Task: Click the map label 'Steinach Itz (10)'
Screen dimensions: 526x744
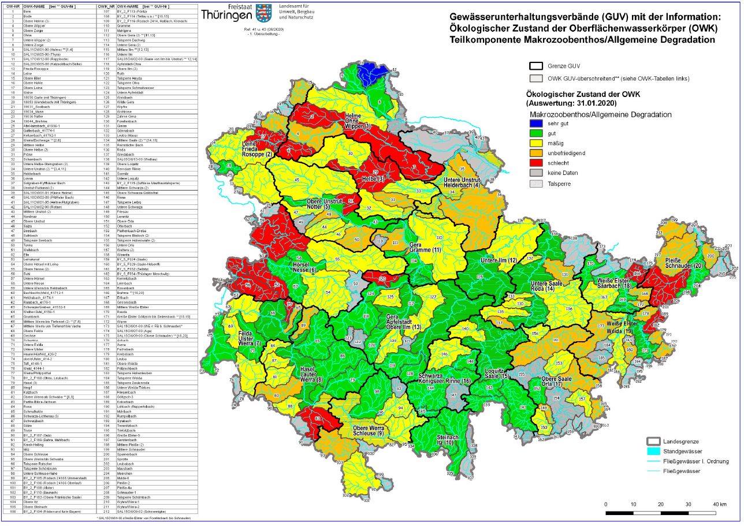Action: (448, 439)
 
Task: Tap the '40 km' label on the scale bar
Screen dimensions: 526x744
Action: (720, 505)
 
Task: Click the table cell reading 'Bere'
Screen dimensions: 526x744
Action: (27, 11)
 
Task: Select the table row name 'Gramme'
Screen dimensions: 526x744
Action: (123, 26)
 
